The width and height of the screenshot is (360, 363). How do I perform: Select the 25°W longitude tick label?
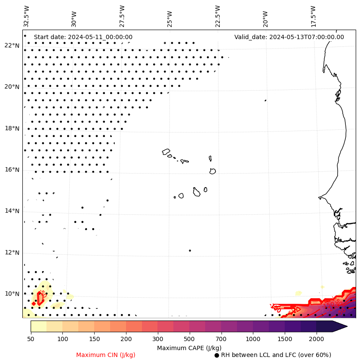click(x=170, y=16)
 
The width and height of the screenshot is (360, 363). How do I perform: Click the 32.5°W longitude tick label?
click(x=27, y=16)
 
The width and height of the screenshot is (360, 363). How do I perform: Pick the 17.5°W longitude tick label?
click(x=314, y=16)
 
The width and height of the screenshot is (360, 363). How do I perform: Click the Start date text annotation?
click(x=83, y=37)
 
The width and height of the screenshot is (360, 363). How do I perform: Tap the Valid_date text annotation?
click(x=289, y=37)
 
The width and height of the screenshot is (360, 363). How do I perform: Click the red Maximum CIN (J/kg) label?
click(x=105, y=355)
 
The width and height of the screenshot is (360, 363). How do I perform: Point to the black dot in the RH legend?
click(x=217, y=355)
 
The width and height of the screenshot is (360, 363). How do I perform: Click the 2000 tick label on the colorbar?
click(x=317, y=339)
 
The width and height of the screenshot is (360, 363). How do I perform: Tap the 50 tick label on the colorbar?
click(x=31, y=339)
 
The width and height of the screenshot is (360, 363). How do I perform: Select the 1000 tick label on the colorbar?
click(x=253, y=339)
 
